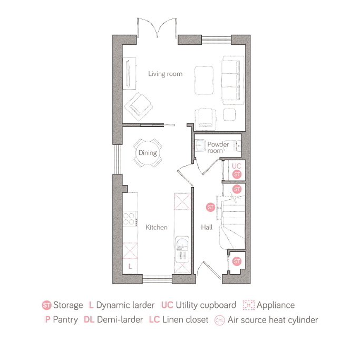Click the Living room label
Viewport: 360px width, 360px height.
pos(165,74)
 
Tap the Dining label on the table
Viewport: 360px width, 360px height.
pos(148,153)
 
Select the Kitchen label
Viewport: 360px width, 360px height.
pos(157,227)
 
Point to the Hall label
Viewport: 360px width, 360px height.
pos(207,227)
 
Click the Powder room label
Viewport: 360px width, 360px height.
pos(215,148)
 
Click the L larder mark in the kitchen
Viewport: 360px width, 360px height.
pos(130,267)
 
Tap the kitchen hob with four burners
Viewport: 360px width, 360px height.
pos(129,218)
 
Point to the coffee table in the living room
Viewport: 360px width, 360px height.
pos(206,80)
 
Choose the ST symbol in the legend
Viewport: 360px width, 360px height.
pos(46,305)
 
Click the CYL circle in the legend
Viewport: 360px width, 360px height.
pos(220,320)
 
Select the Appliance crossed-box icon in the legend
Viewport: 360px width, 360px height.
pos(248,305)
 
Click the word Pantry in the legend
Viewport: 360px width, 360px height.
pos(66,320)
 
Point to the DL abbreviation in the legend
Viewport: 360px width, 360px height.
pos(89,320)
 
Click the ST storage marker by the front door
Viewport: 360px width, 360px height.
pos(237,261)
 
